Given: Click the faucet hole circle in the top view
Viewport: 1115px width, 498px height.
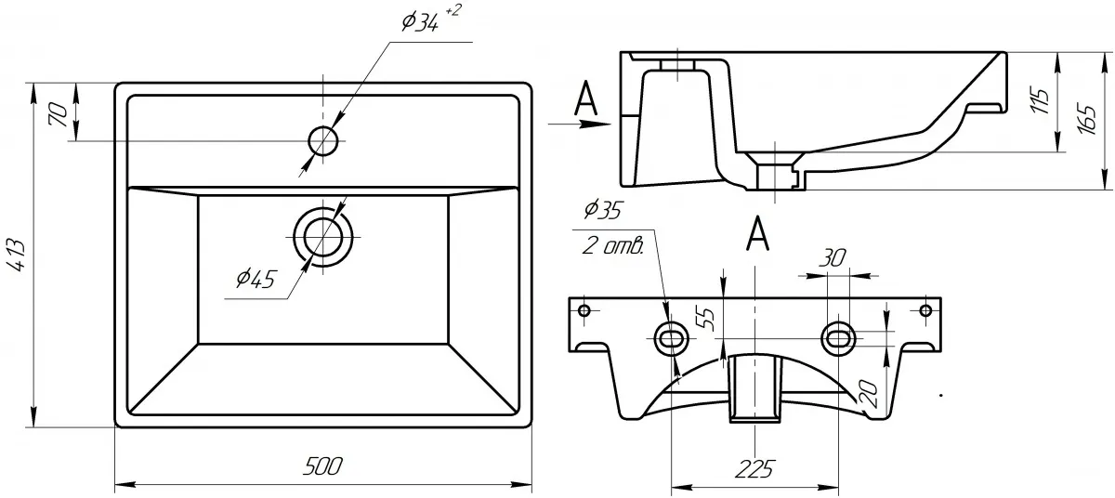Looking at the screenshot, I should point(322,140).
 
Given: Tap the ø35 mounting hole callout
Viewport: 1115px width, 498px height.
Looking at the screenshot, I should point(603,213).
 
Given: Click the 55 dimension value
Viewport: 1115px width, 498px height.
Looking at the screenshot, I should point(706,319).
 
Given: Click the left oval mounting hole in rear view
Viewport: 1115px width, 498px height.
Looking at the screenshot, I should point(671,337).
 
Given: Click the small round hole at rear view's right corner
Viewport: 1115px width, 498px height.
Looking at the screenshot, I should point(925,309).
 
